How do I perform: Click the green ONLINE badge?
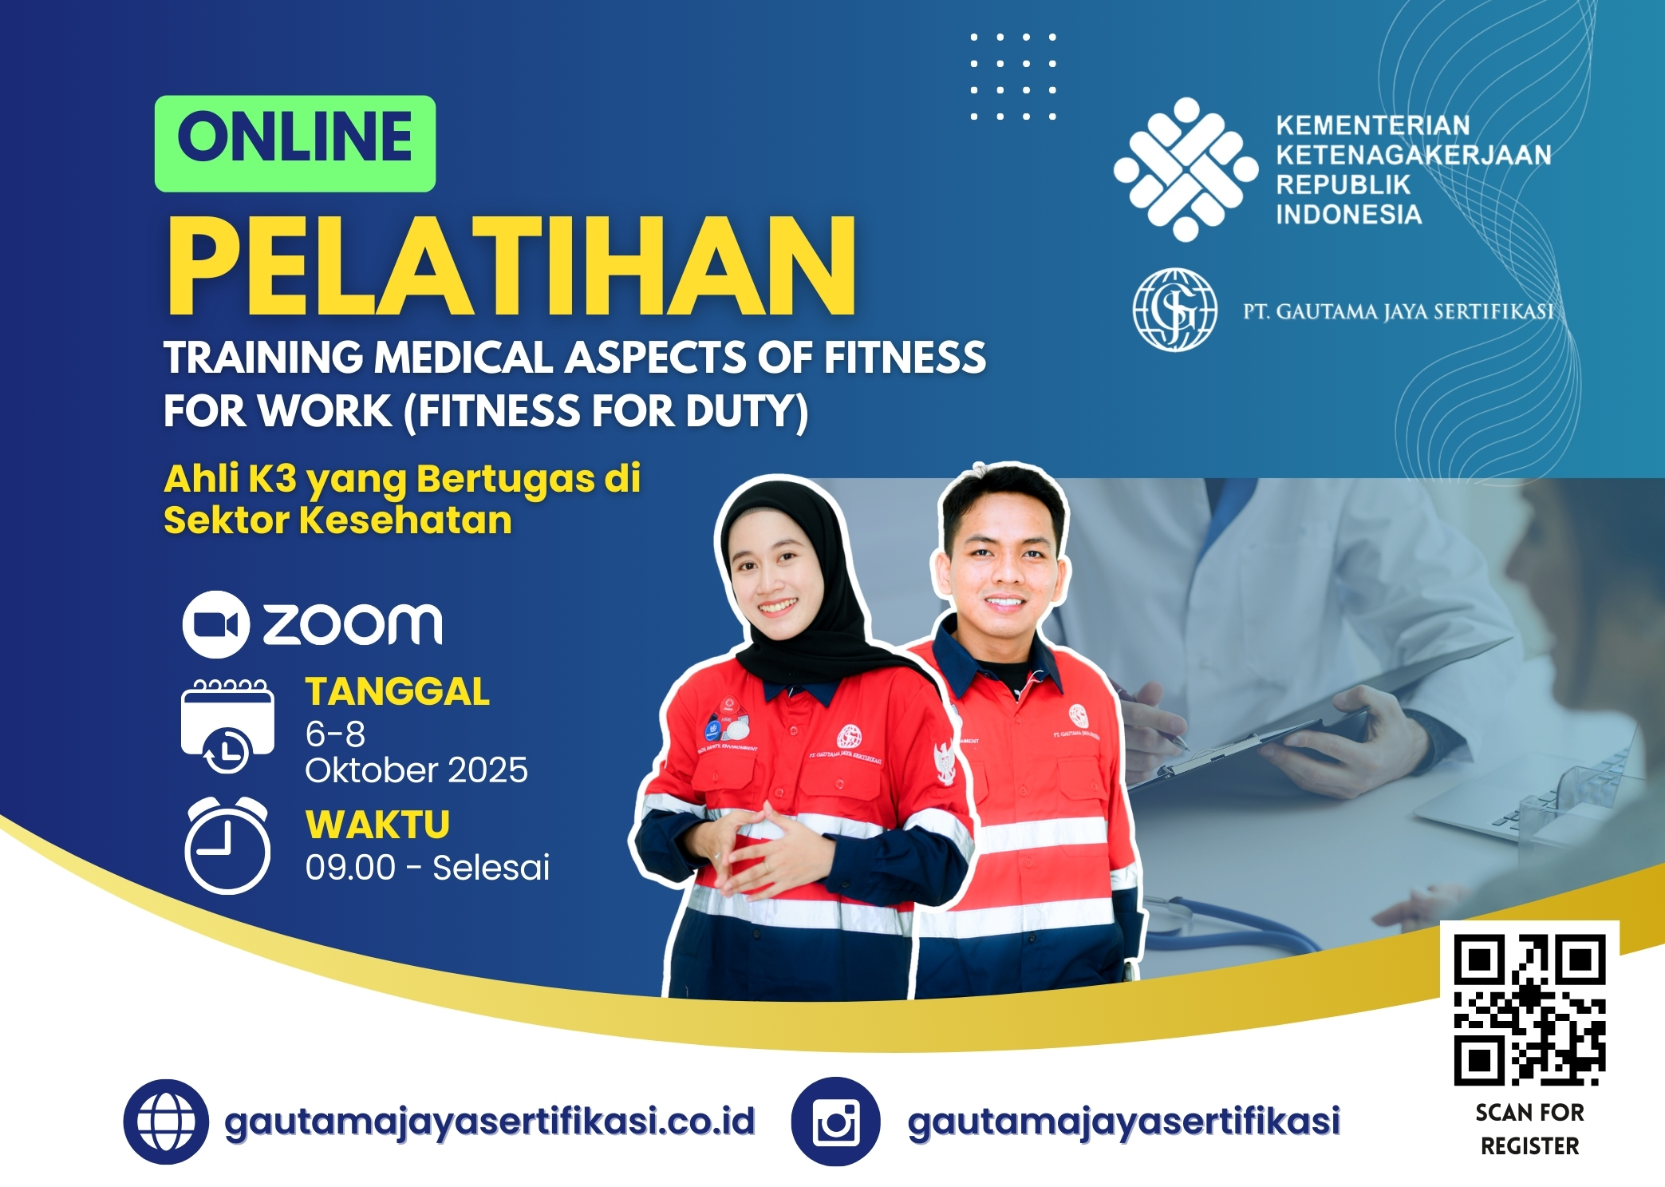click(295, 144)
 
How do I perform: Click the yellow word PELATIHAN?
click(511, 266)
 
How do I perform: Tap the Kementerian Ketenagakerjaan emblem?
click(1186, 169)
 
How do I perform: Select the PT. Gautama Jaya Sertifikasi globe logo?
click(1175, 310)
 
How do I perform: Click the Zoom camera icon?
click(216, 624)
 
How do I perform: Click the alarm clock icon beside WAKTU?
click(227, 845)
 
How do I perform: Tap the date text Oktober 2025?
click(416, 770)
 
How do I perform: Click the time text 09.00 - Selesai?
click(428, 868)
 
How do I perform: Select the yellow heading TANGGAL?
click(397, 691)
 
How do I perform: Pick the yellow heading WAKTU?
click(378, 825)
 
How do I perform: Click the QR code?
click(1529, 1010)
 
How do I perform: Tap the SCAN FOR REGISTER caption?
click(1530, 1129)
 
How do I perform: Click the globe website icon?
click(166, 1122)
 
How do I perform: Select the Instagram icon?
click(835, 1122)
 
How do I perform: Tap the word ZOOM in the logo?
click(353, 624)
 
